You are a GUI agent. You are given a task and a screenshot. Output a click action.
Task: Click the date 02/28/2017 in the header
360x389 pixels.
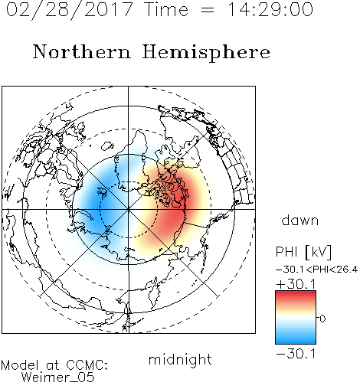pos(70,10)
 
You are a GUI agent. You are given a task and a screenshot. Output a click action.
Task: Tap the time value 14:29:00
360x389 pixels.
pos(270,9)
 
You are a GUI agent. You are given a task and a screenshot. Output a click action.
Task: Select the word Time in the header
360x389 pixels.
pos(166,9)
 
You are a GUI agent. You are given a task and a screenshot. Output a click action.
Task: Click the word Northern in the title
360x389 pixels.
pos(82,51)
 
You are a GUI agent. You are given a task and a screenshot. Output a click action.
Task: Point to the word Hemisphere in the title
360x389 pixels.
pos(206,53)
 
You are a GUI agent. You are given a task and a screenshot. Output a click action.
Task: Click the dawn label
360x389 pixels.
pos(300,221)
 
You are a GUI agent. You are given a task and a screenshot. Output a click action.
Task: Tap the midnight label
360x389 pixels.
pos(180,360)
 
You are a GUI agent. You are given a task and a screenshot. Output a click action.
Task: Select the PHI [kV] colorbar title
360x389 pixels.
pos(303,252)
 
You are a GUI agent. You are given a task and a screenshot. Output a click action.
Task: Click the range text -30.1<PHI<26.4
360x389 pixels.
pos(316,270)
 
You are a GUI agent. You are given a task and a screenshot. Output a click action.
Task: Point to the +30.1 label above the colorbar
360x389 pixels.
pos(296,284)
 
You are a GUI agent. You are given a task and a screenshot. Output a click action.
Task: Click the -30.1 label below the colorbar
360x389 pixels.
pos(296,354)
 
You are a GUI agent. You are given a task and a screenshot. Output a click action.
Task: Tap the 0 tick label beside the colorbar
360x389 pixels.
pos(322,319)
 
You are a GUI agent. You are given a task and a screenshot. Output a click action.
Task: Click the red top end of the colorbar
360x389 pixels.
pos(296,293)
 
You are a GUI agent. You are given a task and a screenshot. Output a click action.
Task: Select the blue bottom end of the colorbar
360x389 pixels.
pos(296,342)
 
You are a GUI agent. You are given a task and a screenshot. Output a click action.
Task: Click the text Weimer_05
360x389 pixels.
pos(58,378)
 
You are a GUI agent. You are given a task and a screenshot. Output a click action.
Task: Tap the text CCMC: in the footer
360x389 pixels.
pos(87,365)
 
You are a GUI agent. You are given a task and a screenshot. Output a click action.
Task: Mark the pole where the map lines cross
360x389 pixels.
pos(129,209)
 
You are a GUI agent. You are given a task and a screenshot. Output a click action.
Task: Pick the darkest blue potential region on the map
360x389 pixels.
pos(98,204)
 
